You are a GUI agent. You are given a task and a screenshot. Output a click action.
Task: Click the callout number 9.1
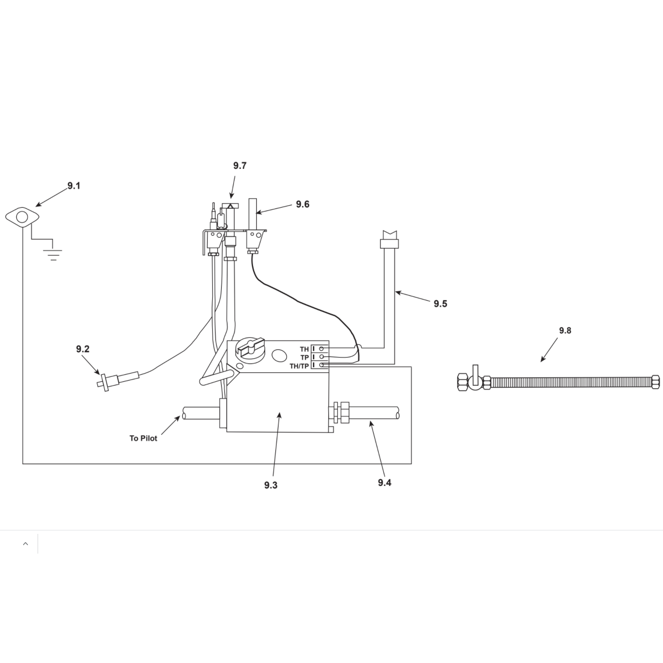[74, 186]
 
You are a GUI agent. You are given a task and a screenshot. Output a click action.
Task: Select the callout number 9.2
[83, 349]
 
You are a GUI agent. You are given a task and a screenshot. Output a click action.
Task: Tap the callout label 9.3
[271, 485]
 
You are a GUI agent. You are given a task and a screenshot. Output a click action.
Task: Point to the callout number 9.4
[385, 483]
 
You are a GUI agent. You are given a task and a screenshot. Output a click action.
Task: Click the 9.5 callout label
[441, 304]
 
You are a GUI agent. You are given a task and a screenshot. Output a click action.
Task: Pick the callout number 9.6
[303, 204]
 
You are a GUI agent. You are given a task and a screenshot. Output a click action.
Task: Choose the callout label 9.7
[240, 166]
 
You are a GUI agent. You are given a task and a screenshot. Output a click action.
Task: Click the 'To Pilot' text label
[143, 438]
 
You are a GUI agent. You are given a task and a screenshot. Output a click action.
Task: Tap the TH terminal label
[304, 349]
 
